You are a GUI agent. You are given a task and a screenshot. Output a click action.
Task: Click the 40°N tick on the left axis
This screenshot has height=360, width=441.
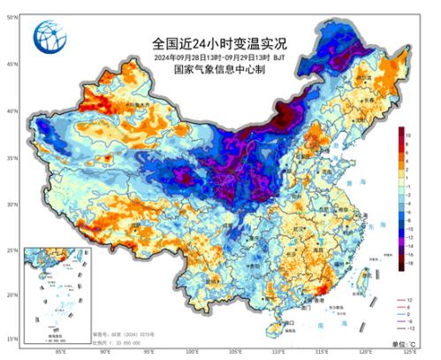pyautogui.click(x=11, y=111)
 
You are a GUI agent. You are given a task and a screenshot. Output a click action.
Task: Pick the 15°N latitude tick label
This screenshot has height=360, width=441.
pyautogui.click(x=11, y=339)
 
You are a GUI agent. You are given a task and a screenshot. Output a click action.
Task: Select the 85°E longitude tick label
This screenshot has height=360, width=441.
pyautogui.click(x=61, y=351)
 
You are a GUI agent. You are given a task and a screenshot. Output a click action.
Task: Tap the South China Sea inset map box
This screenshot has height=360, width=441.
pyautogui.click(x=56, y=294)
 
